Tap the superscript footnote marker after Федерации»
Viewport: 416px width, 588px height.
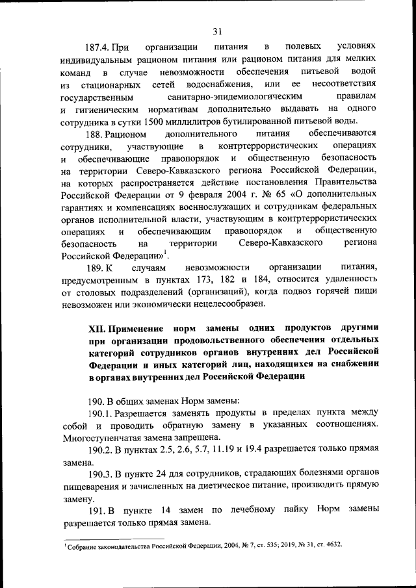click(166, 251)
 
